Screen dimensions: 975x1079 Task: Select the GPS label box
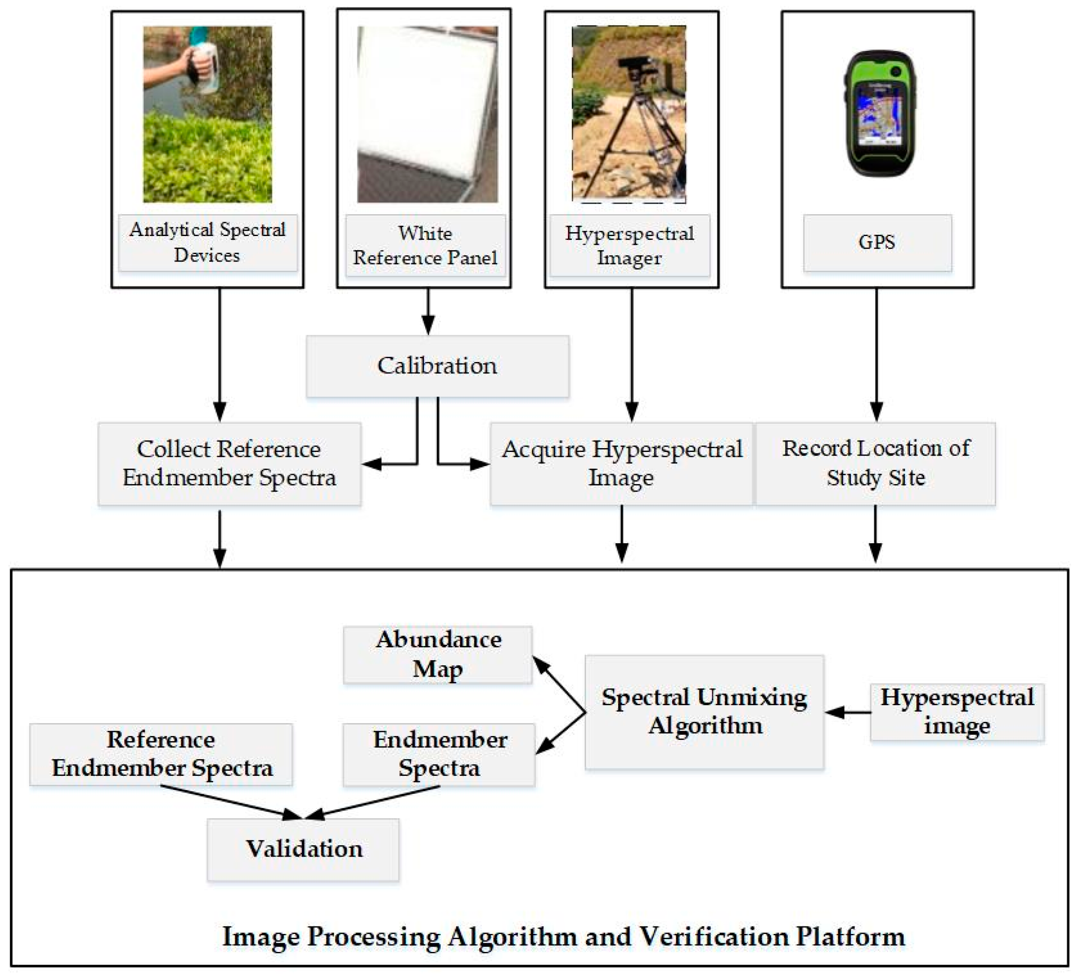click(x=877, y=242)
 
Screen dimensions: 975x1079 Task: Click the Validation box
click(x=303, y=849)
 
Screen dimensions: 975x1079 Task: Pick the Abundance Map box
click(x=437, y=654)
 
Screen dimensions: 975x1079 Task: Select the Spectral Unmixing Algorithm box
click(x=704, y=712)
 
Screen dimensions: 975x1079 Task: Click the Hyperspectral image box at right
click(x=956, y=712)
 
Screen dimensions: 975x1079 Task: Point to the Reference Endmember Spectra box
click(x=161, y=754)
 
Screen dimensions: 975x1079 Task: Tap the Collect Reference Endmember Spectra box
click(x=229, y=463)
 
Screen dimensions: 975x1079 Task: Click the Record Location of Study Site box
click(x=875, y=463)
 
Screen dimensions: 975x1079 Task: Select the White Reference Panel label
click(x=425, y=246)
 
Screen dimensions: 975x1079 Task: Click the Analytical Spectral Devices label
click(x=207, y=242)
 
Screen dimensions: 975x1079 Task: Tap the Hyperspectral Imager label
click(x=629, y=246)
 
